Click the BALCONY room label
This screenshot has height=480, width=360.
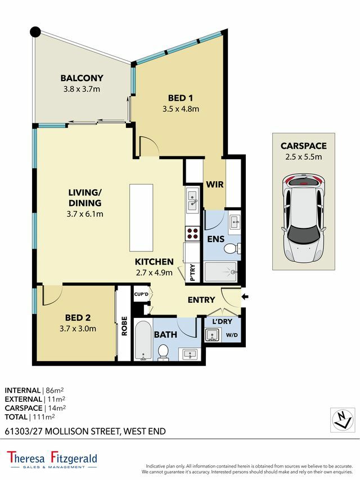point(82,78)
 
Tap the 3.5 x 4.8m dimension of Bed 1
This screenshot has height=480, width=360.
point(181,109)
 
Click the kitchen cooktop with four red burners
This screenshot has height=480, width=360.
point(192,234)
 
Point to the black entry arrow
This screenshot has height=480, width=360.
point(245,297)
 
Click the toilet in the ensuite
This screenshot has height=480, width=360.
point(232,249)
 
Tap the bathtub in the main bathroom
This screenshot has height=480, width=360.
point(143,340)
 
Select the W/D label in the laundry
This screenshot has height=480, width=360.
point(232,335)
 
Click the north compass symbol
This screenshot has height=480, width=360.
point(342,420)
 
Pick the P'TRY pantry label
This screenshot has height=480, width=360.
point(192,272)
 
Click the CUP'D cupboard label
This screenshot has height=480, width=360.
point(141,294)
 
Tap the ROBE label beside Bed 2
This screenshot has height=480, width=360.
point(124,326)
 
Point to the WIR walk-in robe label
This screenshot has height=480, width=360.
point(215,185)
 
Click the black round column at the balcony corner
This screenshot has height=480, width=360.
point(35,32)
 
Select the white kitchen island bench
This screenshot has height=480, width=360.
point(141,218)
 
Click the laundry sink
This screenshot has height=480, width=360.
point(212,335)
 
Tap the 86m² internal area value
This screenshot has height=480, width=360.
point(55,391)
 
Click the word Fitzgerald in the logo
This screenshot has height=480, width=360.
point(74,458)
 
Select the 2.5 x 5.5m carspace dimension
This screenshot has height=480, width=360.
point(303,157)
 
